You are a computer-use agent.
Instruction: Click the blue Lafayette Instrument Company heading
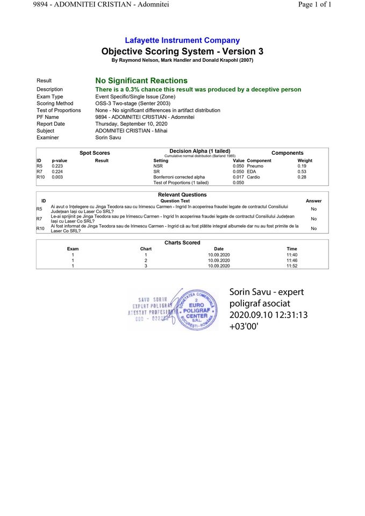click(x=182, y=40)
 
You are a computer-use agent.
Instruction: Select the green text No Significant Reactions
click(x=141, y=81)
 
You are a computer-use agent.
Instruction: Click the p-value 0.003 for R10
click(x=57, y=177)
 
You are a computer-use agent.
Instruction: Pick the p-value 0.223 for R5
click(x=57, y=166)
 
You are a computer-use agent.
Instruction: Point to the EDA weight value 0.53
click(x=302, y=171)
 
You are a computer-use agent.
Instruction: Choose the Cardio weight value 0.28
click(x=302, y=177)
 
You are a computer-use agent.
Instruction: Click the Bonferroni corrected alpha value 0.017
click(x=238, y=177)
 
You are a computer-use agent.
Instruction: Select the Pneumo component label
click(x=255, y=166)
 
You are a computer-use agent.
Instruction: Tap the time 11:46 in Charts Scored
click(x=292, y=260)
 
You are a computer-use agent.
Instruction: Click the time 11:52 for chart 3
click(x=292, y=266)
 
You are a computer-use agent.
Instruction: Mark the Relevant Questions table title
click(x=182, y=195)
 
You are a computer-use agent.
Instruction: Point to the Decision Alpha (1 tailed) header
click(x=200, y=152)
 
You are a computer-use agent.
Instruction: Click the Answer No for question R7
click(x=313, y=219)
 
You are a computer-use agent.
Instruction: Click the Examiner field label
click(x=48, y=138)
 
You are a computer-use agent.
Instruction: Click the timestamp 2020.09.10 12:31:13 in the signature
click(x=268, y=315)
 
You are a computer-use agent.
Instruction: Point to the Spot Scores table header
click(x=95, y=153)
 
